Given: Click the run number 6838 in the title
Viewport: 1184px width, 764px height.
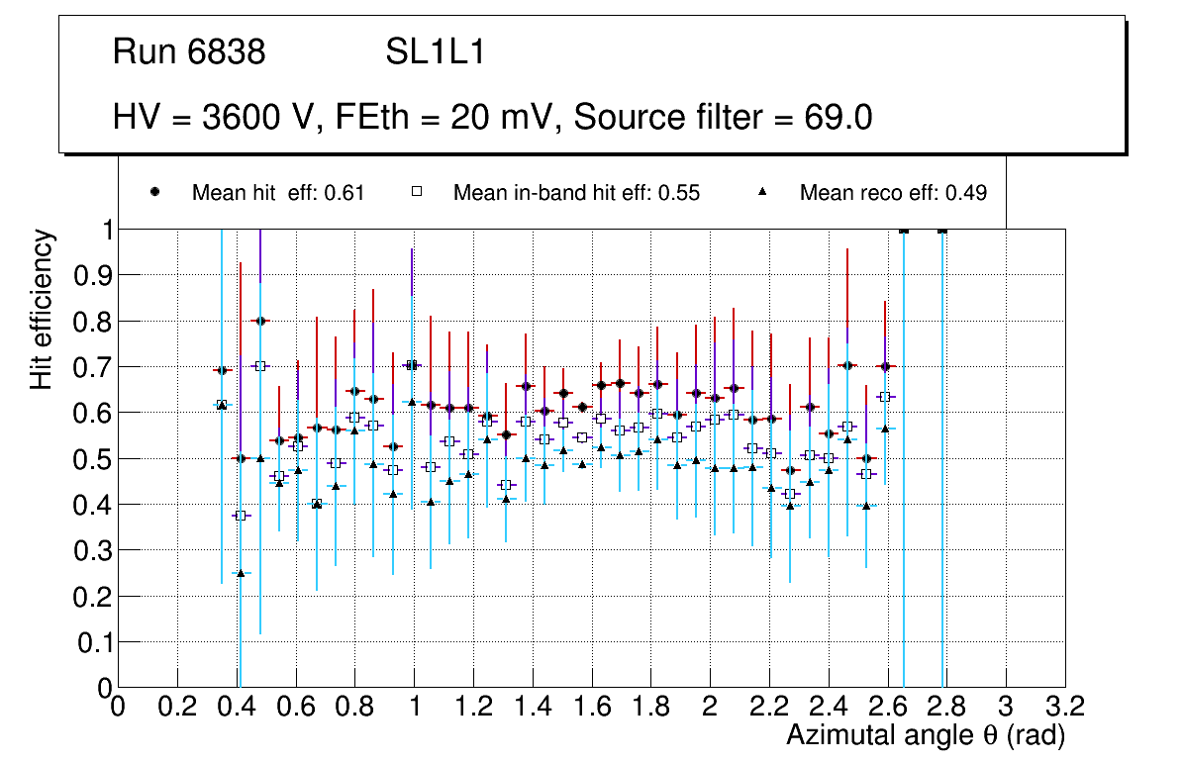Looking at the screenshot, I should (x=227, y=52).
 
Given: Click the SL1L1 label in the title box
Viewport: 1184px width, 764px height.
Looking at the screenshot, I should (x=435, y=52).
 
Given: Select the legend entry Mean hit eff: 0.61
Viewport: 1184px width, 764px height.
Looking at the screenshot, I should (x=278, y=193).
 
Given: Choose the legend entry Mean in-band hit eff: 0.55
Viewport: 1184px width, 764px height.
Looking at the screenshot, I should (x=576, y=193).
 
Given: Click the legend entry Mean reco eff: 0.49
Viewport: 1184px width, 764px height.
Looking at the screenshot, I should (x=893, y=193).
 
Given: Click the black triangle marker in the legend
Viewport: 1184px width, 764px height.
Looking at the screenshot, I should (x=764, y=193).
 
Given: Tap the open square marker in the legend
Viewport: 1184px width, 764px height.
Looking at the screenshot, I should (x=418, y=193).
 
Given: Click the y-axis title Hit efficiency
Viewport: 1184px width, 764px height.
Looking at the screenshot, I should (x=42, y=309).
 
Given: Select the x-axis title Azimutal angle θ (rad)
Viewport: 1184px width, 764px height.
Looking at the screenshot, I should (x=926, y=735).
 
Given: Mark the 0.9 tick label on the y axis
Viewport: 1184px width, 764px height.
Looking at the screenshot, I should (x=92, y=275).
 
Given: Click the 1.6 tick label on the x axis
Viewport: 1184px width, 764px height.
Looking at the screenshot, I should (x=591, y=707).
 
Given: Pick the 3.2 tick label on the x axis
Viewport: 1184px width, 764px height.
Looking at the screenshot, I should (x=1065, y=707).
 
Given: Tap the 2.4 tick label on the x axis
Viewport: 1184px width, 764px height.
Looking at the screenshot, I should (x=828, y=707).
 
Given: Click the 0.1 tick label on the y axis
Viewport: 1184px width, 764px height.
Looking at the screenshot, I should (x=92, y=641).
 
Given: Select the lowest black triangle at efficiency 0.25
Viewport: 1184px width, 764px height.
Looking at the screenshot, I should (x=241, y=572).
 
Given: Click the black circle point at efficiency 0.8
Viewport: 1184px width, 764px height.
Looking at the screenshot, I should (x=259, y=321).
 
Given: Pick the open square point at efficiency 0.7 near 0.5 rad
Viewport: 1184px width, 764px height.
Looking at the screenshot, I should (x=259, y=366).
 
